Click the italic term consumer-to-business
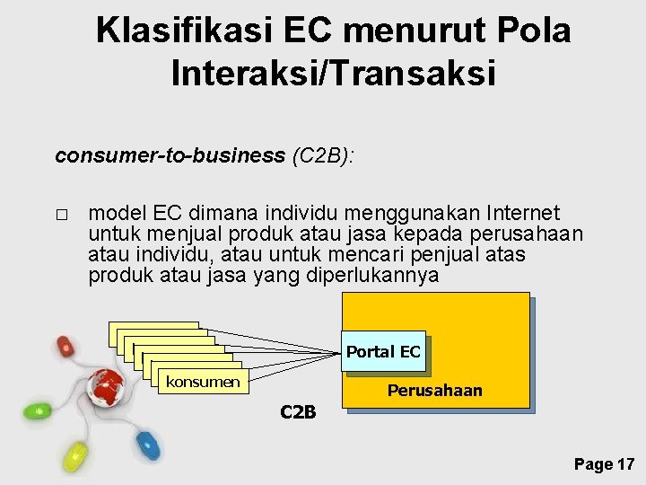(x=170, y=155)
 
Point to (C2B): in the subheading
(x=323, y=155)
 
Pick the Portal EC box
(x=383, y=352)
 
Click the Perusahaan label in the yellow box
(x=434, y=391)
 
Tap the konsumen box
(x=202, y=383)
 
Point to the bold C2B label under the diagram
(x=298, y=412)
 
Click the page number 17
(x=625, y=464)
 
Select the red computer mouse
(x=65, y=346)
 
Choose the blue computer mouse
(x=144, y=442)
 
